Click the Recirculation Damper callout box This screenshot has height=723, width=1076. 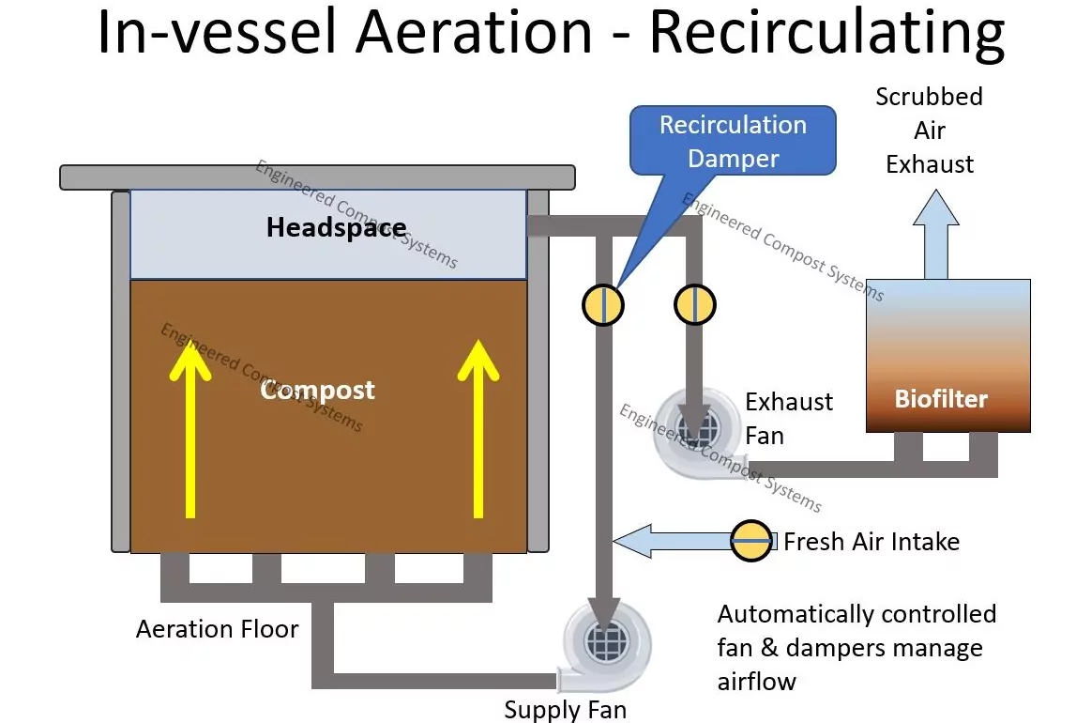click(x=733, y=141)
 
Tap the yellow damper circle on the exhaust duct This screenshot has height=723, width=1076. click(x=695, y=304)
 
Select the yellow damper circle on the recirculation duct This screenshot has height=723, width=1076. click(x=603, y=304)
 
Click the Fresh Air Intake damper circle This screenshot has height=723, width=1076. click(x=751, y=541)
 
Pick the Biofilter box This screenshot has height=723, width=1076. click(x=947, y=355)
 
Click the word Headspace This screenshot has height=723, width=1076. click(x=337, y=227)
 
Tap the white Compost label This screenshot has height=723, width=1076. click(x=318, y=390)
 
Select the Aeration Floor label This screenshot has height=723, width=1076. click(x=217, y=629)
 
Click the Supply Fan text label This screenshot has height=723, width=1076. click(x=565, y=710)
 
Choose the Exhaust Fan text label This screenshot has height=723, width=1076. click(x=789, y=419)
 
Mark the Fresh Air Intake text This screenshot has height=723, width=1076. click(x=871, y=542)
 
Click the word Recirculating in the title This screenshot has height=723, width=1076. click(x=826, y=34)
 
